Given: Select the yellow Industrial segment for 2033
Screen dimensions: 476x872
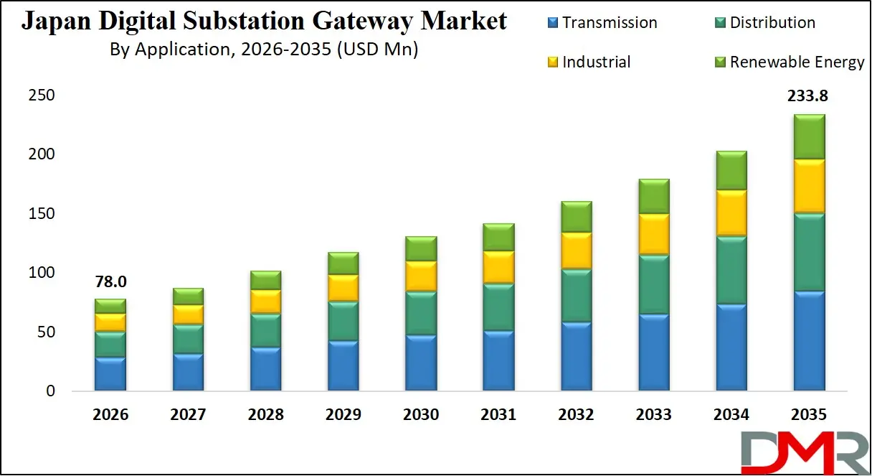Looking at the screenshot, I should tap(653, 234).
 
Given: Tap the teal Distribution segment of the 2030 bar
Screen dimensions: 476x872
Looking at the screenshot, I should tap(420, 313).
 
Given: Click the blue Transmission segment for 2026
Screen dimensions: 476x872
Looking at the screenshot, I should tap(110, 374).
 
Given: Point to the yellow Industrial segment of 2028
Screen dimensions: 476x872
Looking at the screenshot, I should tap(265, 302).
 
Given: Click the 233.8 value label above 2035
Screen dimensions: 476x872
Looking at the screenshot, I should tap(807, 96).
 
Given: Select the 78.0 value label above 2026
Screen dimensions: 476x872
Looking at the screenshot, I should tap(110, 282).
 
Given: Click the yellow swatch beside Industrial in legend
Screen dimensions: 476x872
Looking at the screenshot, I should tap(552, 62).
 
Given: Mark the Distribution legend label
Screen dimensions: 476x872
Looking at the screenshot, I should tap(772, 22).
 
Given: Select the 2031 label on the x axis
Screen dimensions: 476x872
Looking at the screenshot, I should tap(498, 415).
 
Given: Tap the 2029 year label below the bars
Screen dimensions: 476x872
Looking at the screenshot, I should tap(343, 415).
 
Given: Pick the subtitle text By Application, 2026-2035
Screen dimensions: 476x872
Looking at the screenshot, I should tap(264, 50).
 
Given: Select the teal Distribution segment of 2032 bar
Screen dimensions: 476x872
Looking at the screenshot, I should tap(575, 296).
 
